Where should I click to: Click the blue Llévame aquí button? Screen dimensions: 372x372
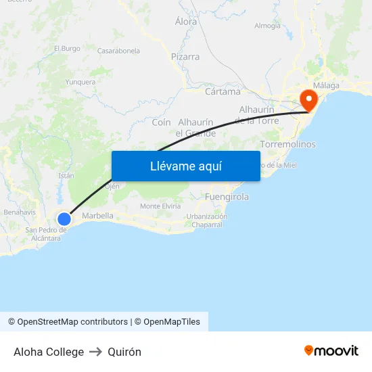(185, 166)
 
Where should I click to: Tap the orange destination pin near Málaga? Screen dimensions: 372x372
(308, 101)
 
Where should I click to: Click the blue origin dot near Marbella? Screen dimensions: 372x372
(64, 218)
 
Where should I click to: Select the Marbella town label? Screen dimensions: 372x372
(97, 216)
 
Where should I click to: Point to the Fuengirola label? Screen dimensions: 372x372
(227, 197)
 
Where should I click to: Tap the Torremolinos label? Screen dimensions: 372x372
(287, 145)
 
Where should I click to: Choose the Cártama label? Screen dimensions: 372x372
(223, 91)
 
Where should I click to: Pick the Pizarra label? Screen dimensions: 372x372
(185, 57)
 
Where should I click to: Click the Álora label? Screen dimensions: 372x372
(186, 22)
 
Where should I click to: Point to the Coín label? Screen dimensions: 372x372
(161, 122)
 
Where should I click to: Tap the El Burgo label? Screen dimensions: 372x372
(67, 49)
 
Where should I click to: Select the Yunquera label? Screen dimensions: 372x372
(80, 82)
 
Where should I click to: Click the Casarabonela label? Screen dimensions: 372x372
(118, 51)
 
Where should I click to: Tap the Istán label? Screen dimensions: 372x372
(66, 176)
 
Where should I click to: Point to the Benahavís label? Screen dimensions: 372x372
(19, 212)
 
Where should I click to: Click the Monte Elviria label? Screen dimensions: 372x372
(160, 206)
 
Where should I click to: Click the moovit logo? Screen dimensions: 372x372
(331, 351)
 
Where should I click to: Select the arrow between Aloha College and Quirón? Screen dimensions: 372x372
(95, 352)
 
